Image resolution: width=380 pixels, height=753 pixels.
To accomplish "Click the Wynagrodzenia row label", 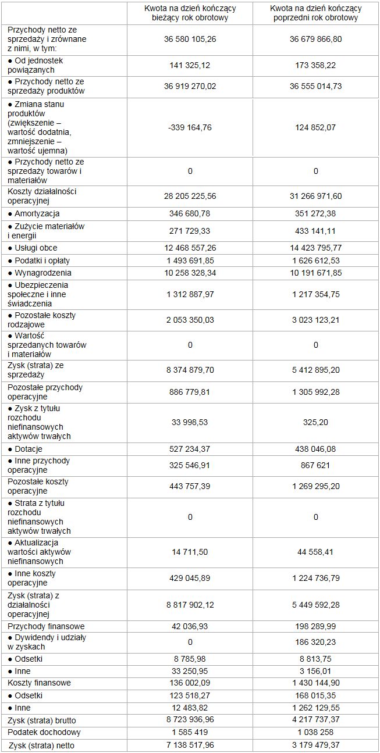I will click(40, 273).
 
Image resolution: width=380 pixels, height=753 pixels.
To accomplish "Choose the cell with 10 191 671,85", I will click(316, 273).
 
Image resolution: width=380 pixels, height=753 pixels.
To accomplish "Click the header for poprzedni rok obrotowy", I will click(316, 13).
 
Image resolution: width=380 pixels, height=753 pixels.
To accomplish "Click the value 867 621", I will click(316, 466).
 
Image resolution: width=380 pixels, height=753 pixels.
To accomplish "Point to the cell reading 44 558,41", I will click(316, 552).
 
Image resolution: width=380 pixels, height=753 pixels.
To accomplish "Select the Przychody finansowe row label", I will click(46, 626).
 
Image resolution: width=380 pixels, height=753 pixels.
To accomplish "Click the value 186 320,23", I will click(316, 642).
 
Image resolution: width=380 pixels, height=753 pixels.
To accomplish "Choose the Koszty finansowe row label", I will click(39, 683).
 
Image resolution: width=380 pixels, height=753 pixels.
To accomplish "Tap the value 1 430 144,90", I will click(316, 683).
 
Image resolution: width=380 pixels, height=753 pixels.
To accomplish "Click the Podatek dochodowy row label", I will click(44, 732).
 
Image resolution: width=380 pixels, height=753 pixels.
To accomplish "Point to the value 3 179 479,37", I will click(316, 745).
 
